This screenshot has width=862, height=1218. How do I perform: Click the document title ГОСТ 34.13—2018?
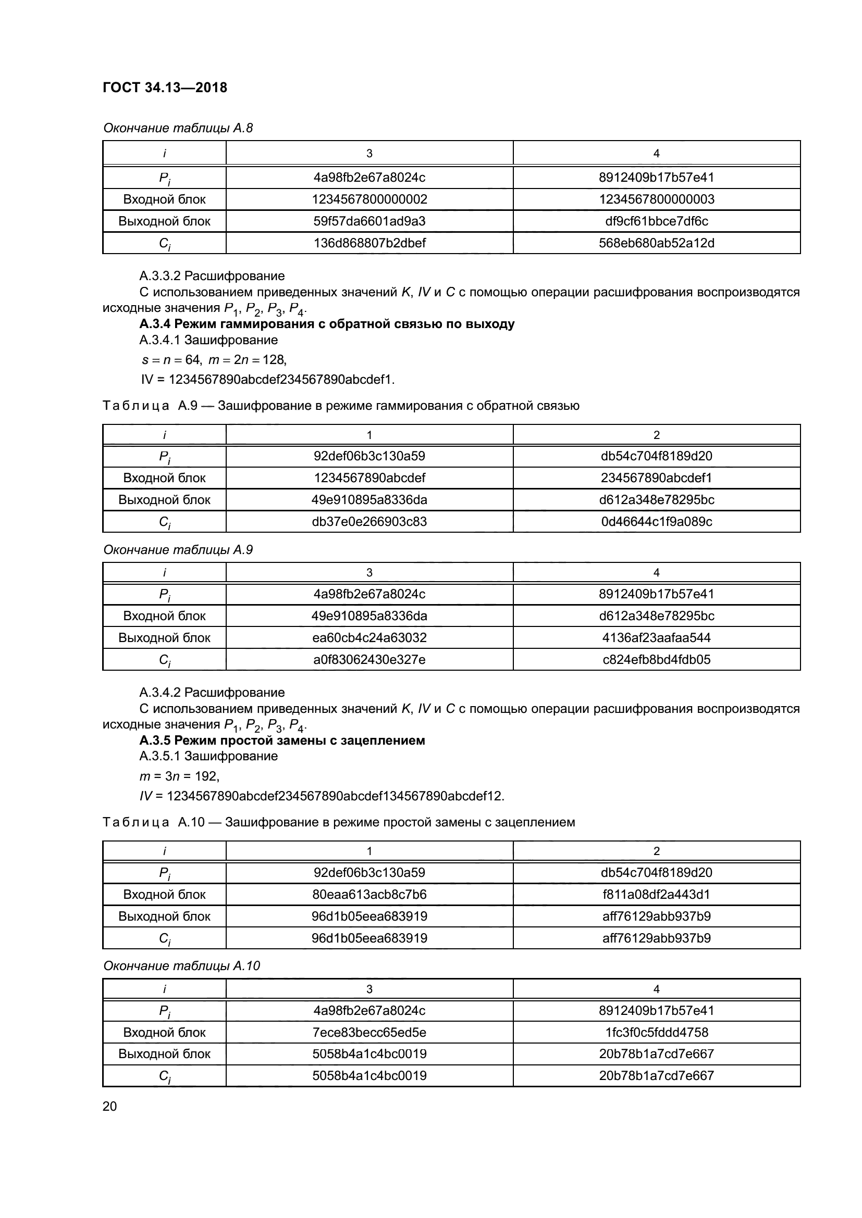point(165,87)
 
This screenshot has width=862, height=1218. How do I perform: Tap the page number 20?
point(109,1106)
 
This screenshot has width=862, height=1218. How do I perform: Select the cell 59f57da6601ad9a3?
point(369,221)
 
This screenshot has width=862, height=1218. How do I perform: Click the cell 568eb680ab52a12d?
point(656,243)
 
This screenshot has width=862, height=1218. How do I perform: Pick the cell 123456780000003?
point(656,199)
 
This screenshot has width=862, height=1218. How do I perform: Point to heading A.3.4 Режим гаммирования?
point(326,323)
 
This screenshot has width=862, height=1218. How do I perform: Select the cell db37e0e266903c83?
point(369,521)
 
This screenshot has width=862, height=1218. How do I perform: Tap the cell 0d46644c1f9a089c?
point(656,521)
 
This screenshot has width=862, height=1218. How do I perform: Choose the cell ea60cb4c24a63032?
point(369,638)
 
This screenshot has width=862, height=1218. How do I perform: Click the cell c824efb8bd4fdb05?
point(656,659)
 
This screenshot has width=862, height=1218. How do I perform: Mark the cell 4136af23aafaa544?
point(656,638)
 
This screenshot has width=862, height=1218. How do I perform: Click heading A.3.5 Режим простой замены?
point(282,740)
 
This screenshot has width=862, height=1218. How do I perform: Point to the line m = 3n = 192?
point(179,776)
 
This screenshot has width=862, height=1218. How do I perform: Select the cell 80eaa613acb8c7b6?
point(369,895)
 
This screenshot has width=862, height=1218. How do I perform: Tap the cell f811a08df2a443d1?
point(656,895)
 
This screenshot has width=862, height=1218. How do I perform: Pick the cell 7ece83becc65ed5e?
point(369,1032)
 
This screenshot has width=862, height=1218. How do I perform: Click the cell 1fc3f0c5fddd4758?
point(656,1032)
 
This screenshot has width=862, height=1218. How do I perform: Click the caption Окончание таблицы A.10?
point(181,966)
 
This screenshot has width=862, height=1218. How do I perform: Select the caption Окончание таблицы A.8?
point(178,128)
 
